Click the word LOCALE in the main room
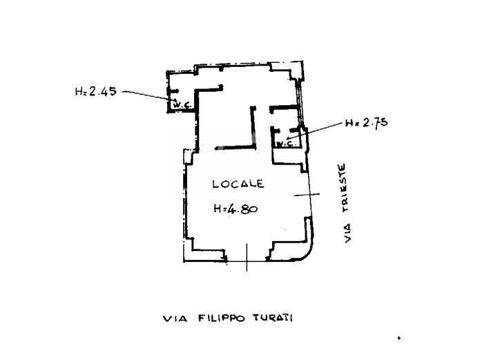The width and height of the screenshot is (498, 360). point(238,184)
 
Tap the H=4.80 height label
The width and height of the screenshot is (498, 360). point(236,209)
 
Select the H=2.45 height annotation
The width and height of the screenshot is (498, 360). point(96,91)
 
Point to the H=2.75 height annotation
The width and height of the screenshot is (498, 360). point(367,122)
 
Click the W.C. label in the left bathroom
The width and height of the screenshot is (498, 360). point(180,104)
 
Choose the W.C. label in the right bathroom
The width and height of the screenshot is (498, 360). point(285,143)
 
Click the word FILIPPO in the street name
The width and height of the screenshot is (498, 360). point(222,318)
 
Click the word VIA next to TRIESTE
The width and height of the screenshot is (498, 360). point(348,234)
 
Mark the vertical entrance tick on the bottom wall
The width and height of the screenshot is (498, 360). point(247,257)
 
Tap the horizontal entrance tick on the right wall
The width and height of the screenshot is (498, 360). point(307,194)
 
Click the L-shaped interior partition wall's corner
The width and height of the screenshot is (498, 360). point(254,146)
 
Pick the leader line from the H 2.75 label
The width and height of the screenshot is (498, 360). point(316,131)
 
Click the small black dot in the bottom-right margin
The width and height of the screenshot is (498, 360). point(399,338)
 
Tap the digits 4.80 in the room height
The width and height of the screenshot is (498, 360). point(242,209)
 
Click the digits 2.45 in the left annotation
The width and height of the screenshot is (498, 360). point(103,91)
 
